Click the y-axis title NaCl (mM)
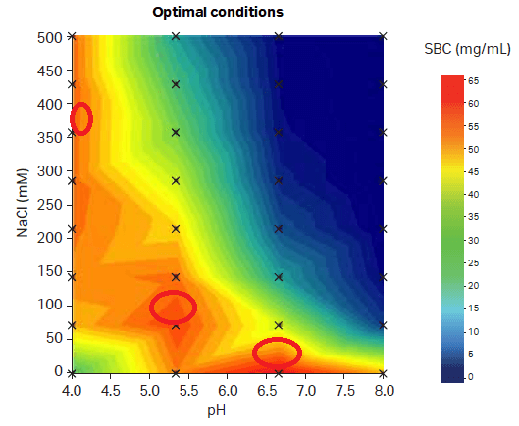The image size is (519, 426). (21, 204)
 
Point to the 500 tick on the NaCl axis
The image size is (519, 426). (50, 37)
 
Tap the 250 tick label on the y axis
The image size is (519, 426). (50, 205)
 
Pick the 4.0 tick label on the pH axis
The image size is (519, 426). (72, 390)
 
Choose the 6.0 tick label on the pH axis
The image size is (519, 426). (227, 390)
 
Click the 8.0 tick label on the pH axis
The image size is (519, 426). (383, 390)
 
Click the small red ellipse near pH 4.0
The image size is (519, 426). (81, 118)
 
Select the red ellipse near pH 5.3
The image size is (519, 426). (174, 308)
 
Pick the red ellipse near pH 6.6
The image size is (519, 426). (277, 353)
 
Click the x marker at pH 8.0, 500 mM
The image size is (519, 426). (383, 37)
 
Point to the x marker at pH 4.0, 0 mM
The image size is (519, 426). (72, 372)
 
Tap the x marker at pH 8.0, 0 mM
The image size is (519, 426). (383, 372)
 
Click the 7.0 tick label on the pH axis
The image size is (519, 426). (304, 390)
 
